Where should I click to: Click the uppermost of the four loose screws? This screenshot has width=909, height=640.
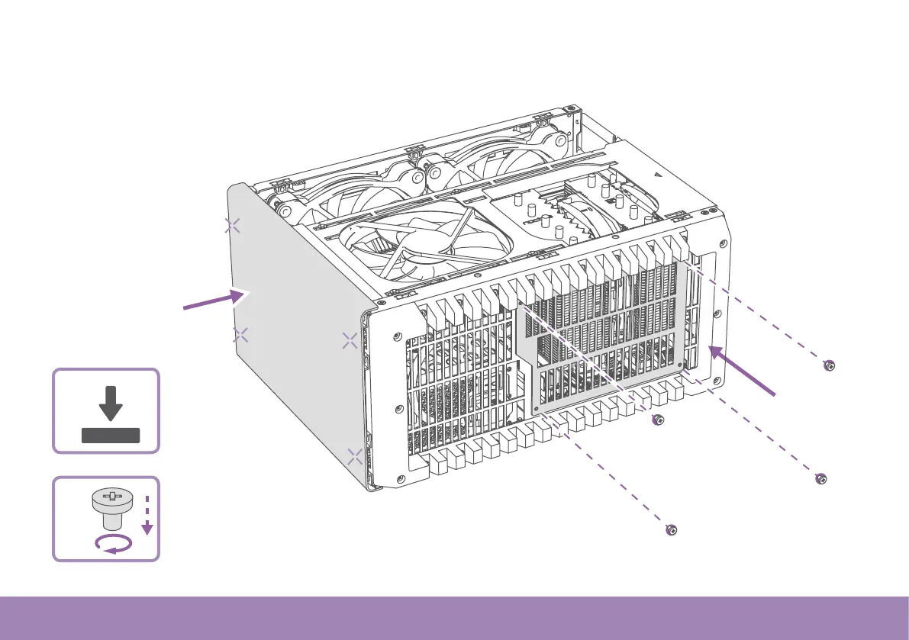(829, 365)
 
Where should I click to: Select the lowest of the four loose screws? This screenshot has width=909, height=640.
(671, 530)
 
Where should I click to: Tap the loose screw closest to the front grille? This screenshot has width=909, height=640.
(656, 420)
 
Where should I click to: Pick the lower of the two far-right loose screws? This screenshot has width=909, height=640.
(820, 480)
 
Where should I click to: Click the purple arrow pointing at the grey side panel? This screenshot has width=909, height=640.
(214, 300)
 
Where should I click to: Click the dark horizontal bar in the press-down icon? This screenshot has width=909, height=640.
(111, 436)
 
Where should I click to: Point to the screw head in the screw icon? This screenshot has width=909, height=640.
(111, 500)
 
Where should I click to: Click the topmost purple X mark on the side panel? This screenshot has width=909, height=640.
(233, 225)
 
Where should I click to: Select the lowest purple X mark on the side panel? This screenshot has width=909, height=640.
(355, 457)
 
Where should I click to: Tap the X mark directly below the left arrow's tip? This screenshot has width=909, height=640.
(240, 334)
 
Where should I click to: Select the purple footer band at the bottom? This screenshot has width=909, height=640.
(454, 618)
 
